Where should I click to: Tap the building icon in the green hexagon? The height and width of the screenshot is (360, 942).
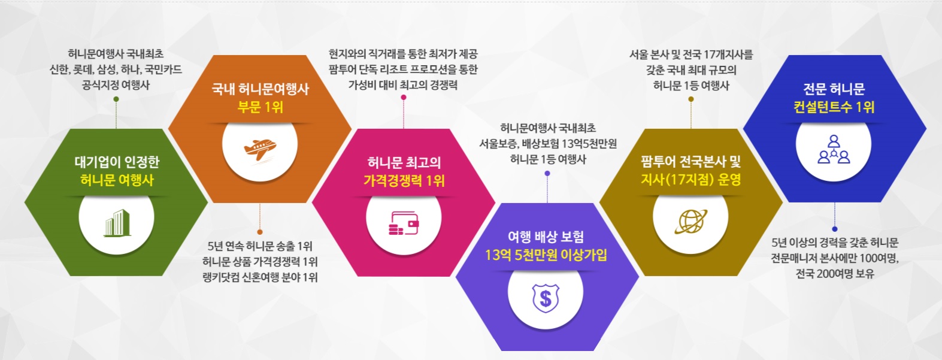click(x=117, y=223)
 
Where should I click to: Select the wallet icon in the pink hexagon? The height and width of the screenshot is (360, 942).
click(x=404, y=223)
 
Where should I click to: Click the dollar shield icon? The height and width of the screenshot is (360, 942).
click(x=546, y=298)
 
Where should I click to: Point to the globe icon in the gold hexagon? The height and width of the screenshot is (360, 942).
click(x=690, y=220)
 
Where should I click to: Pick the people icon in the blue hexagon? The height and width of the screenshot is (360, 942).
click(x=834, y=149)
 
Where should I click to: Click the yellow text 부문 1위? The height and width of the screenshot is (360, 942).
click(x=261, y=107)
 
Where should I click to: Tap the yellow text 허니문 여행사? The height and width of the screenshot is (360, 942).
click(x=117, y=180)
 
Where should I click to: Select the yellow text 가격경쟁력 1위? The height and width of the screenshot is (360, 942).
click(x=404, y=181)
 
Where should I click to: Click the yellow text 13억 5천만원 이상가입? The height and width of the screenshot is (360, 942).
click(x=546, y=255)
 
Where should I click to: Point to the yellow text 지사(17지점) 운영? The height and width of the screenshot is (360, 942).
click(x=690, y=180)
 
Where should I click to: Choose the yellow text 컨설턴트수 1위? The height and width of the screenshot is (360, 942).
click(x=834, y=107)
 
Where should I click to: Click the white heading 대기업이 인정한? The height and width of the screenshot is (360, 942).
click(x=117, y=162)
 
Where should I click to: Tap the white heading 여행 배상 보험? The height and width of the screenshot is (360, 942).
click(x=546, y=237)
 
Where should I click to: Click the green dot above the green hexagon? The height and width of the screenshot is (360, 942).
click(x=117, y=99)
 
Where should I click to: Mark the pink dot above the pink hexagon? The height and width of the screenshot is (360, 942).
click(x=404, y=98)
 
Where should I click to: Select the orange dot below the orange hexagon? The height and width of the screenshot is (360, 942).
click(x=260, y=232)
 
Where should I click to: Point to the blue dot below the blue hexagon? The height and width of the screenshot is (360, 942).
click(x=834, y=229)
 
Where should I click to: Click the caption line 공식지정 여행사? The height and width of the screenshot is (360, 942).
click(x=116, y=85)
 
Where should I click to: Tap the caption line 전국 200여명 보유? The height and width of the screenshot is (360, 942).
click(x=835, y=274)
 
